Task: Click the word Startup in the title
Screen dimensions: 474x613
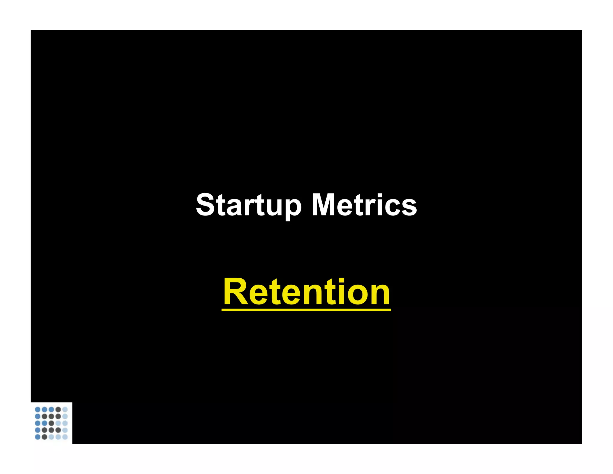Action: click(248, 205)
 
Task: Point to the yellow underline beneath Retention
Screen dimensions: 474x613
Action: click(306, 310)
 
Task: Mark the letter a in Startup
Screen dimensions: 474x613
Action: click(233, 207)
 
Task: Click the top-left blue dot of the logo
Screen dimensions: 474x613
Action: click(38, 410)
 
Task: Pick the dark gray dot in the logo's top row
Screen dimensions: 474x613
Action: click(58, 410)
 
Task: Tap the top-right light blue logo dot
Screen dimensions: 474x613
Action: click(65, 410)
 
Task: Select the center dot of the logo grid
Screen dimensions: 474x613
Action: click(51, 423)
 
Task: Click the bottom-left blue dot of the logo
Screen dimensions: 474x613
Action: click(38, 437)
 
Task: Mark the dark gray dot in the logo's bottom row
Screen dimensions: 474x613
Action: click(44, 437)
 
